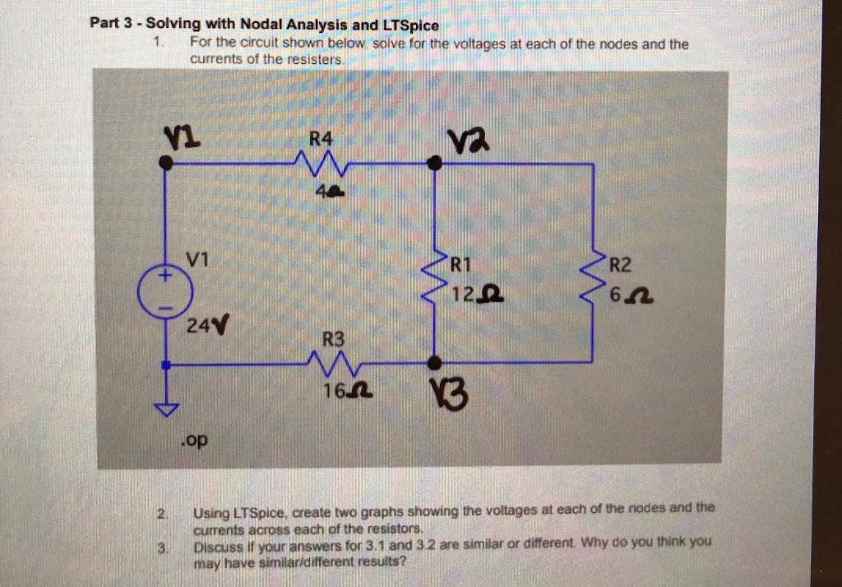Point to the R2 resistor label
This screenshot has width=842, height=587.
point(620,265)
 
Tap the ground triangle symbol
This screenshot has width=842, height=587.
point(167,409)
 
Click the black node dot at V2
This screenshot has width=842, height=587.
point(437,164)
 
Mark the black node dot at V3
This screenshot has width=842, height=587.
point(436,363)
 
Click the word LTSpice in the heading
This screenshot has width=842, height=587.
point(408,25)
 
